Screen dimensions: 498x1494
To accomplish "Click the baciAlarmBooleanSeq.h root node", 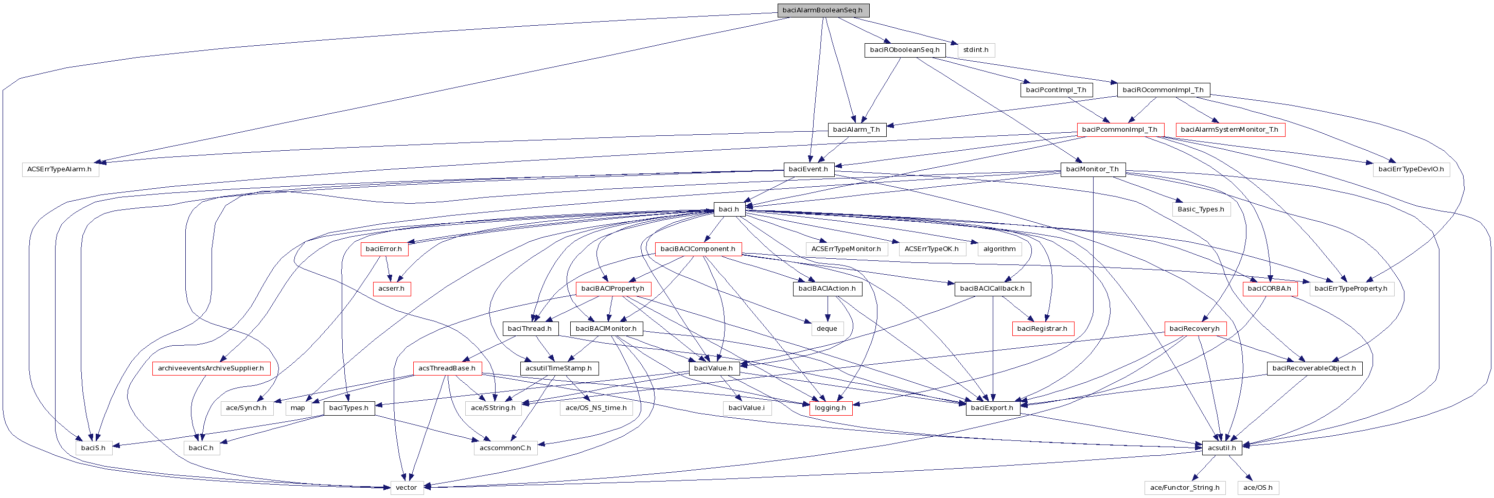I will coord(822,10).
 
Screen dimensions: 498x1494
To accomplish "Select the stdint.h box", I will coord(976,50).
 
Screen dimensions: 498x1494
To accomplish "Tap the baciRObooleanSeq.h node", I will coord(904,50).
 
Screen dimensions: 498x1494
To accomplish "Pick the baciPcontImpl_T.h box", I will coord(1056,90).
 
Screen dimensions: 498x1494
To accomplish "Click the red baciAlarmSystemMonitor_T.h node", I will coord(1229,129).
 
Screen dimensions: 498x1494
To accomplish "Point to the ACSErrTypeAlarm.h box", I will coord(59,169).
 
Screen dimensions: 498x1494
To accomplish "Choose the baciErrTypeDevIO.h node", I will coord(1411,169).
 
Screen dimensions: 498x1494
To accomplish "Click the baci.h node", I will coord(728,209).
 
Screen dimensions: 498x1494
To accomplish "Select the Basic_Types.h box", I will coord(1201,209).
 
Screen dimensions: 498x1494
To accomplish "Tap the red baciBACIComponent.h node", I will coord(698,248).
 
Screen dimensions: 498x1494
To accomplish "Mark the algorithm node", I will coord(999,248).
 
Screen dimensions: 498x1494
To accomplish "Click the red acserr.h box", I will coord(392,289).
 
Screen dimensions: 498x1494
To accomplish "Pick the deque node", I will coord(827,329).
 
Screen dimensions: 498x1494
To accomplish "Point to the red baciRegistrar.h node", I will coord(1042,329).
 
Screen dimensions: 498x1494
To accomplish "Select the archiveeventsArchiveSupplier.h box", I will coord(210,368).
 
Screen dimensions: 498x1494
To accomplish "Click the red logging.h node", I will coord(830,408).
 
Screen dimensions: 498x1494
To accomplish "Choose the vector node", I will coord(406,488).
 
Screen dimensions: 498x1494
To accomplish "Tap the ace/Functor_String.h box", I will coord(1184,488).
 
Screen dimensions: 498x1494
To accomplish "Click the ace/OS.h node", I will coord(1257,488).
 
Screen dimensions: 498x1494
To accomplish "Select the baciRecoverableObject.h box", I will coord(1314,368).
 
